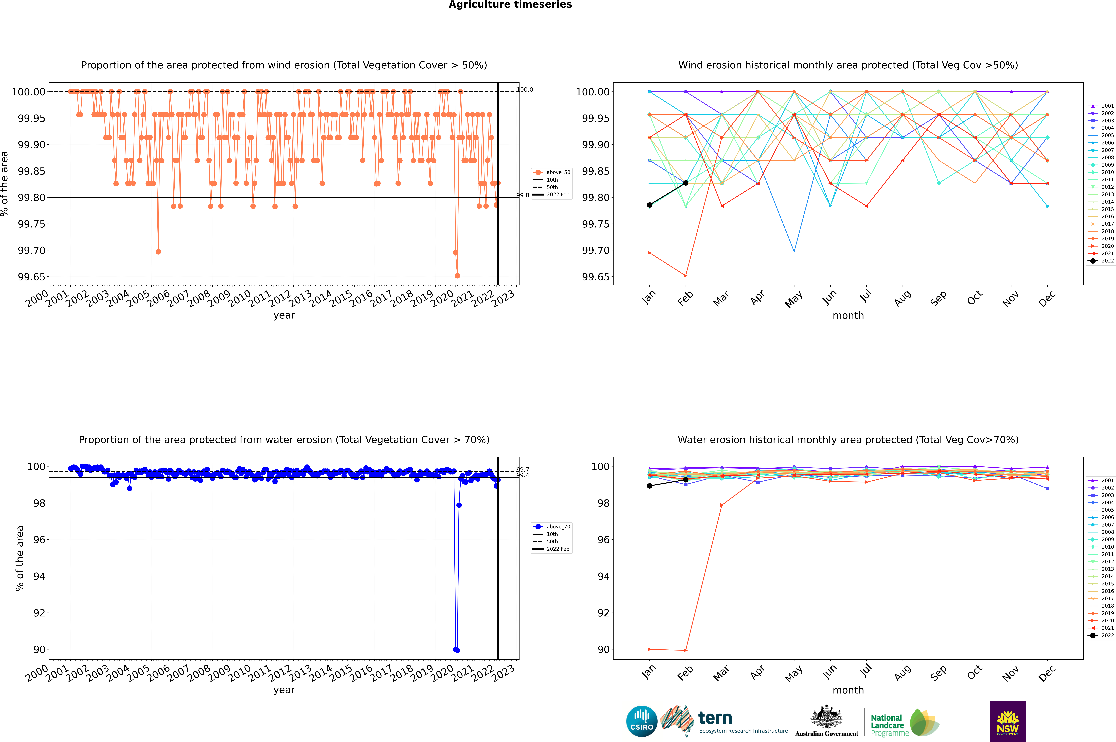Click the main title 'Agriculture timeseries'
510,5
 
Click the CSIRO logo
641,721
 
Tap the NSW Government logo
1008,721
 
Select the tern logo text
715,718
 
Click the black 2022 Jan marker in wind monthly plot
650,205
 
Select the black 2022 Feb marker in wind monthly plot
685,183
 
